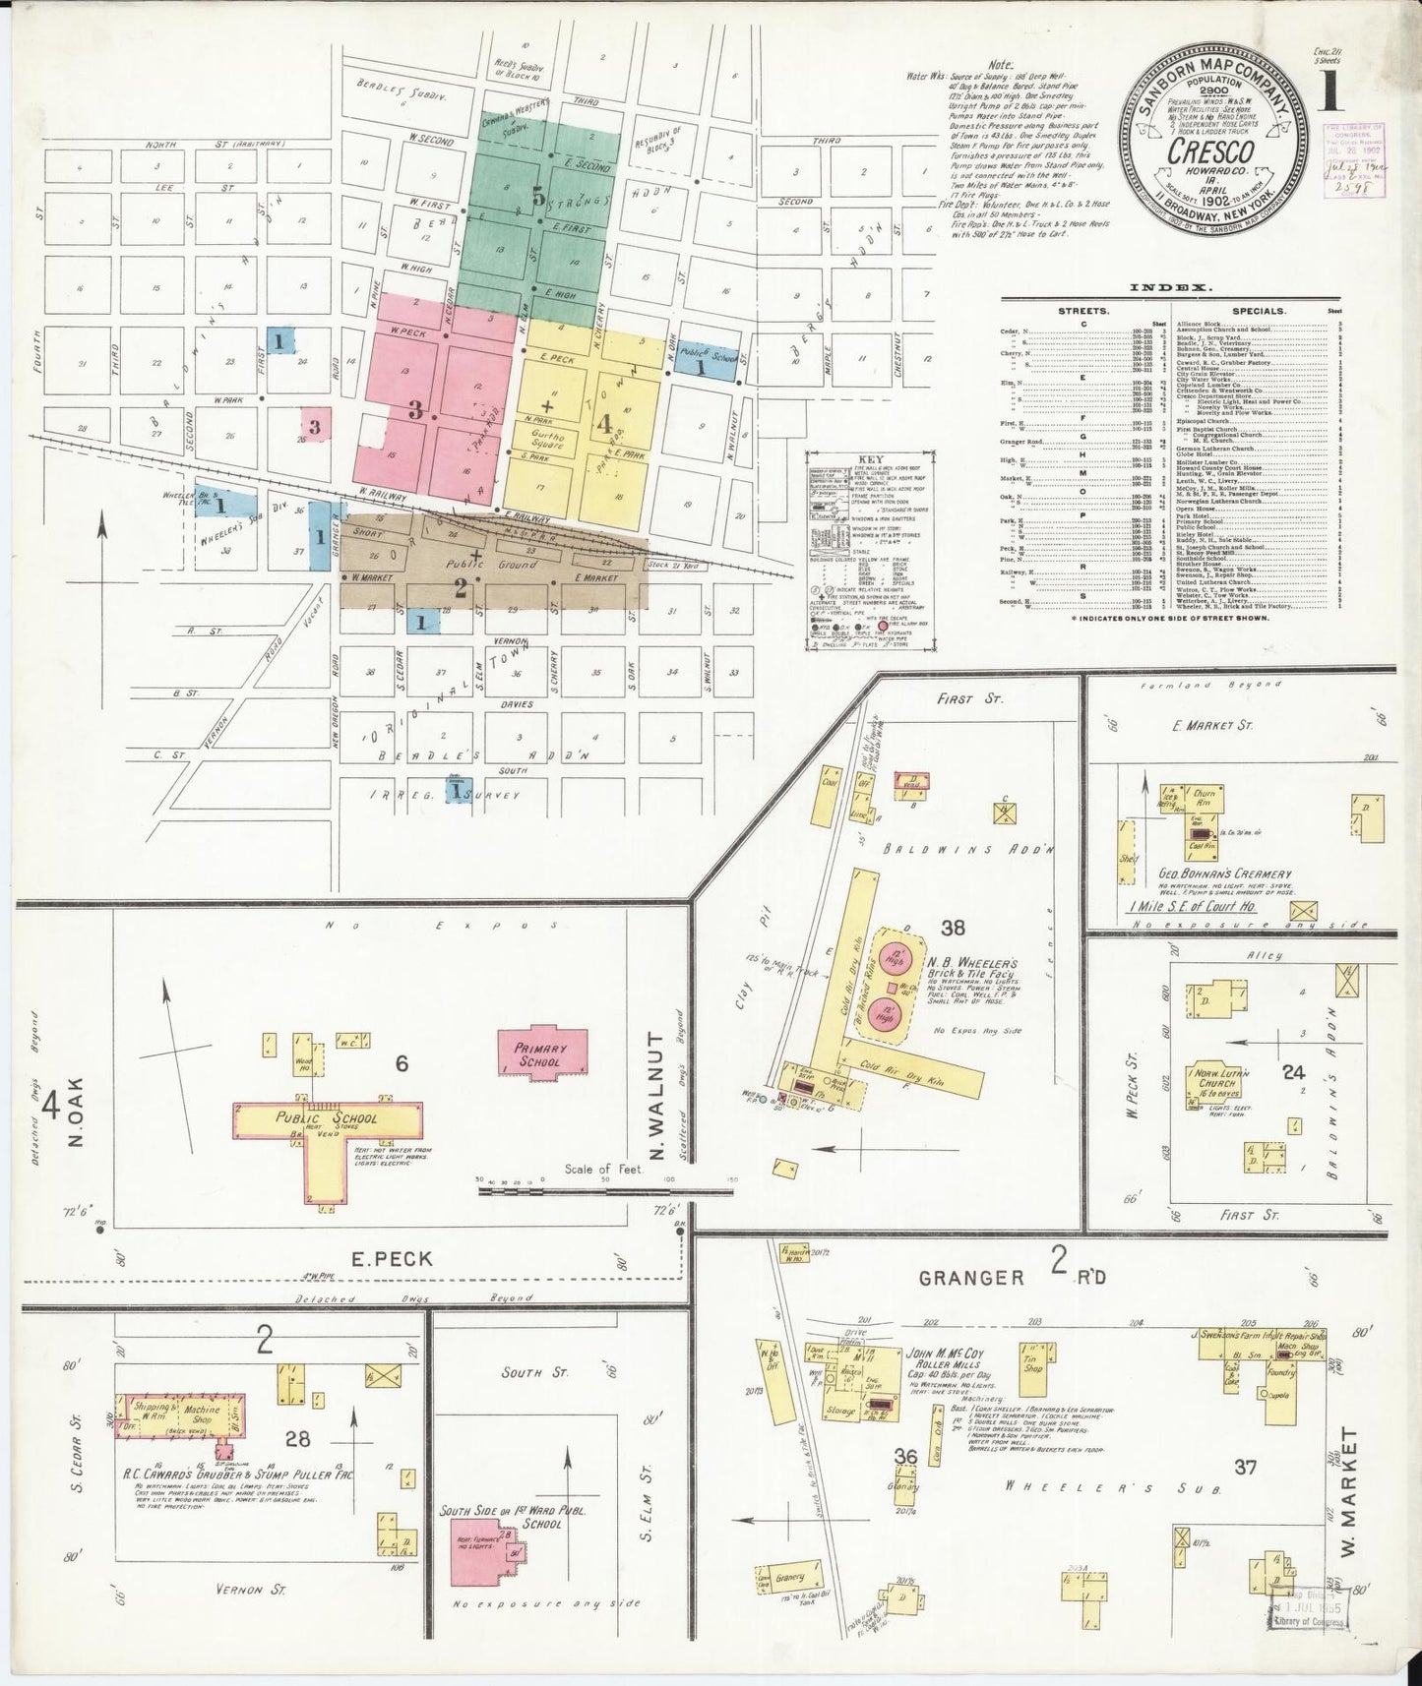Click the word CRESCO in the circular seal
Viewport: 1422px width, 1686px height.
coord(1210,152)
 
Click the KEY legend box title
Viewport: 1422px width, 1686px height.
coord(869,459)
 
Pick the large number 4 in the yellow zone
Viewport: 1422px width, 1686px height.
coord(604,423)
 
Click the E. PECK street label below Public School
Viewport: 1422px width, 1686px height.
coord(392,1259)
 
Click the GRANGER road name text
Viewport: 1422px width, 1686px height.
coord(971,1278)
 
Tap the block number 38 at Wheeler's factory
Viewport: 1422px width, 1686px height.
coord(952,927)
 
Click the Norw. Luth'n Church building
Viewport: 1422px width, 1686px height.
coord(1224,1082)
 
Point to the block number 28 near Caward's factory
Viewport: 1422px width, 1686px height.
coord(297,1439)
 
